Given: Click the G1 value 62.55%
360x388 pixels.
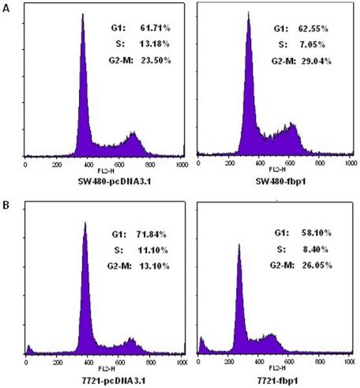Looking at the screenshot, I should [x=326, y=28].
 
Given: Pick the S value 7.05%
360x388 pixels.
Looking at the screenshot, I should [x=328, y=44].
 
